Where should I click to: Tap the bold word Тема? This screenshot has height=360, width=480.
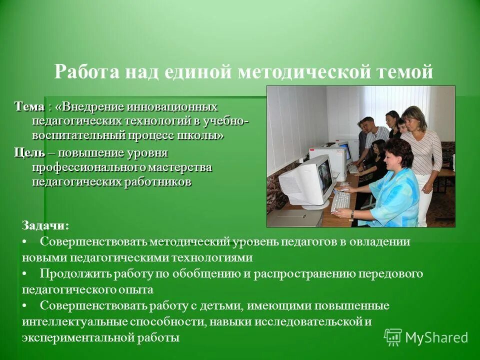29,107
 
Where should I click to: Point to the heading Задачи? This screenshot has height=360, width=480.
45,225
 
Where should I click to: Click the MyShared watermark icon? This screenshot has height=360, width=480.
392,337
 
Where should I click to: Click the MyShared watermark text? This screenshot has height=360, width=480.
436,337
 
